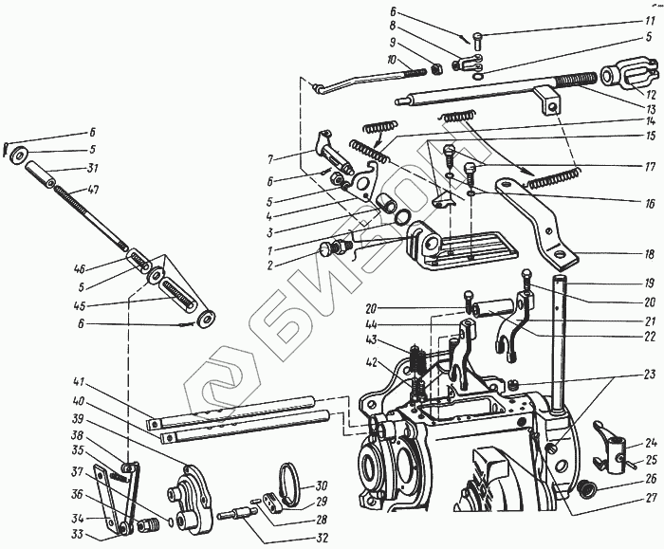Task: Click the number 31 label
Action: [92, 170]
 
